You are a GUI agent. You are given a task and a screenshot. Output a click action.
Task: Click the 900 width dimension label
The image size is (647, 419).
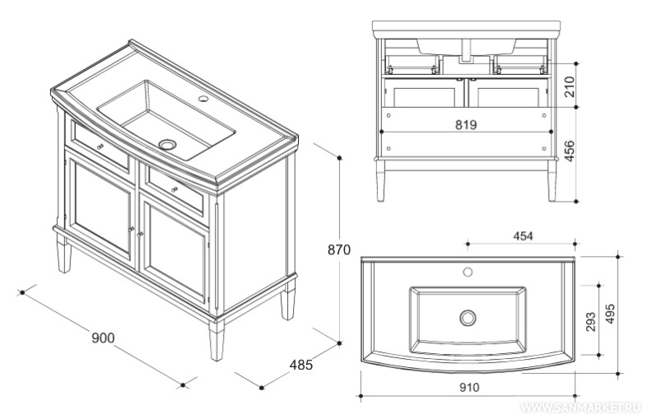(103, 338)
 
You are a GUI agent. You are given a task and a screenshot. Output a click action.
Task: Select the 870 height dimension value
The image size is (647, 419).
(339, 249)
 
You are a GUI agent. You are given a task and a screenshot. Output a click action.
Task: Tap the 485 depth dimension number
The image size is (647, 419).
(300, 365)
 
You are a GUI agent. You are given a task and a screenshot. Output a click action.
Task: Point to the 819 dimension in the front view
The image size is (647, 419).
(466, 124)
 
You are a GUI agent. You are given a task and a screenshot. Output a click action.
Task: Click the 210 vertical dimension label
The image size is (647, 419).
(570, 86)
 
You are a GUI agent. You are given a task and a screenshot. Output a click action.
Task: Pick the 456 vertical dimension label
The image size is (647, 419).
(570, 151)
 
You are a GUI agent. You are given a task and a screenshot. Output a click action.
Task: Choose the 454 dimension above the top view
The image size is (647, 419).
(523, 235)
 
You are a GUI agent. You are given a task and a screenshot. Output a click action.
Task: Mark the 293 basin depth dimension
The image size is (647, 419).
(591, 321)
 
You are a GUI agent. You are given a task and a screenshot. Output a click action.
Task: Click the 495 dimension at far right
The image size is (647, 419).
(610, 314)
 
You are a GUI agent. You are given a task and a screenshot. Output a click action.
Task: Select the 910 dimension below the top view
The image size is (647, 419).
(469, 387)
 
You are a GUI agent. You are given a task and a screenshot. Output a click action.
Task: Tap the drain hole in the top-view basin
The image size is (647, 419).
(468, 318)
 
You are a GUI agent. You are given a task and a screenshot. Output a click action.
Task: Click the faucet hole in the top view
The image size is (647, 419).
(468, 272)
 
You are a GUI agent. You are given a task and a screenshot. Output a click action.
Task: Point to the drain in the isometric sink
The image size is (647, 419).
(168, 145)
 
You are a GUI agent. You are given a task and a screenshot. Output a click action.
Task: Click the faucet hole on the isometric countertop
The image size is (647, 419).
(203, 98)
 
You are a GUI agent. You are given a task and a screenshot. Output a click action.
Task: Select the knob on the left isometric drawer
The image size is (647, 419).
(100, 147)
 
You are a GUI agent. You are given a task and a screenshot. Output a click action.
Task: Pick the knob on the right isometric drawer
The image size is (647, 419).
(175, 189)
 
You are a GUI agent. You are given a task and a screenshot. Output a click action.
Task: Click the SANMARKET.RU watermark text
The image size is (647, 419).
(582, 407)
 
